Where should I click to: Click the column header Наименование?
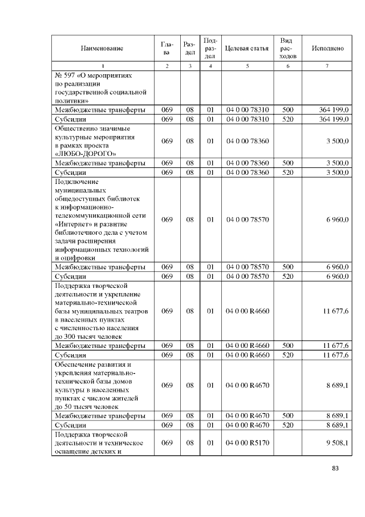coord(103,49)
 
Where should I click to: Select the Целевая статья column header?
coord(247,49)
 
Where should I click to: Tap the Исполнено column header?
coord(327,49)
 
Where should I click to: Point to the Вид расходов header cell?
coord(287,49)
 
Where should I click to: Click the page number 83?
coord(335,468)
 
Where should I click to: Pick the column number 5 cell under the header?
coord(247,66)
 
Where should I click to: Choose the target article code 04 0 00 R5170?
coord(247,442)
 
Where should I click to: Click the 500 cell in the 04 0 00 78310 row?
coord(287,110)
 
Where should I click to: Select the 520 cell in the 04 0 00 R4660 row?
coord(287,355)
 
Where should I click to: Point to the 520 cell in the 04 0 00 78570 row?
coord(287,276)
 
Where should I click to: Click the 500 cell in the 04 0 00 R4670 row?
coord(287,416)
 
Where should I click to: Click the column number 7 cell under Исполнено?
coord(327,66)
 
